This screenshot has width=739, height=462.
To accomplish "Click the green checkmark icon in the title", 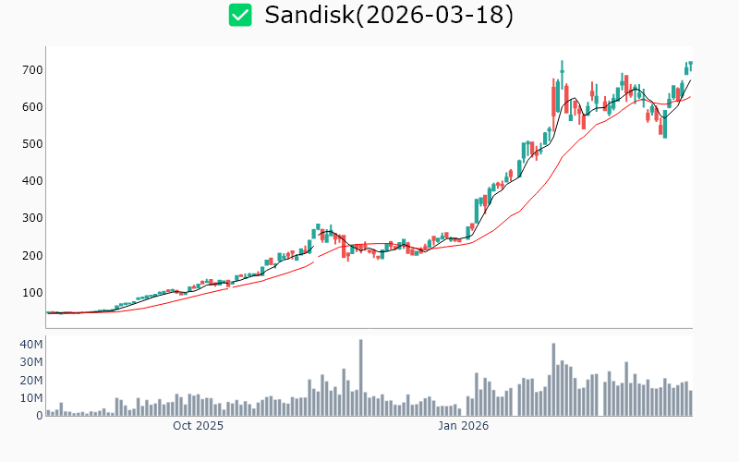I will [240, 15].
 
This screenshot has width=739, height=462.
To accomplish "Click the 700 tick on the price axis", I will [33, 70].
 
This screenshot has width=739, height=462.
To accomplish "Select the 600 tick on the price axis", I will [33, 107].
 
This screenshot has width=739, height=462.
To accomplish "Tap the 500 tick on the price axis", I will [33, 144].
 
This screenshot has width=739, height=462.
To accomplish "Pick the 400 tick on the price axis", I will [33, 181].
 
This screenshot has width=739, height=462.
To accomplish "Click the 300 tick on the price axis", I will [33, 218].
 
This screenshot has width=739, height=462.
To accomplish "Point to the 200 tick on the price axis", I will [33, 255].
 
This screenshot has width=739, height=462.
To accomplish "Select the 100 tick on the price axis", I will [33, 292].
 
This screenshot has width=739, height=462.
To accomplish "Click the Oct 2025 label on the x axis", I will [198, 426].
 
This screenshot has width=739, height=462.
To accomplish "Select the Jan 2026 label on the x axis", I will [463, 426].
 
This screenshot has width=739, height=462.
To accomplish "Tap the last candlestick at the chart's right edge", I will [690, 65].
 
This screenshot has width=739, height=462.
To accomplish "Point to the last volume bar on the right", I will [690, 403].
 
